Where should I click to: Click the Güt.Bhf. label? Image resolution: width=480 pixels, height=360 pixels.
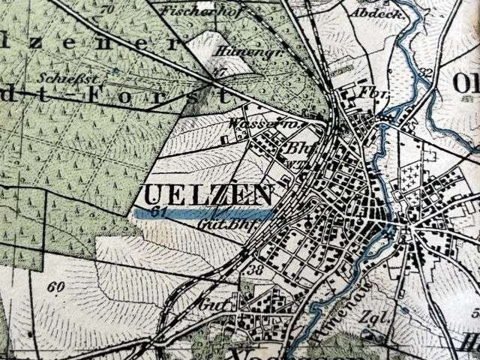click(228, 223)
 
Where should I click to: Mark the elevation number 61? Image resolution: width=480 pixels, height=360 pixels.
click(157, 212)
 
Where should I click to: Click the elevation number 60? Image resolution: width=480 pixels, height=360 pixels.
click(54, 286)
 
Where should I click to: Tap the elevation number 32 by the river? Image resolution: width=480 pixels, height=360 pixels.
click(428, 73)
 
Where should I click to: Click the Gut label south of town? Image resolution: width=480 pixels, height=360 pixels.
click(208, 305)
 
